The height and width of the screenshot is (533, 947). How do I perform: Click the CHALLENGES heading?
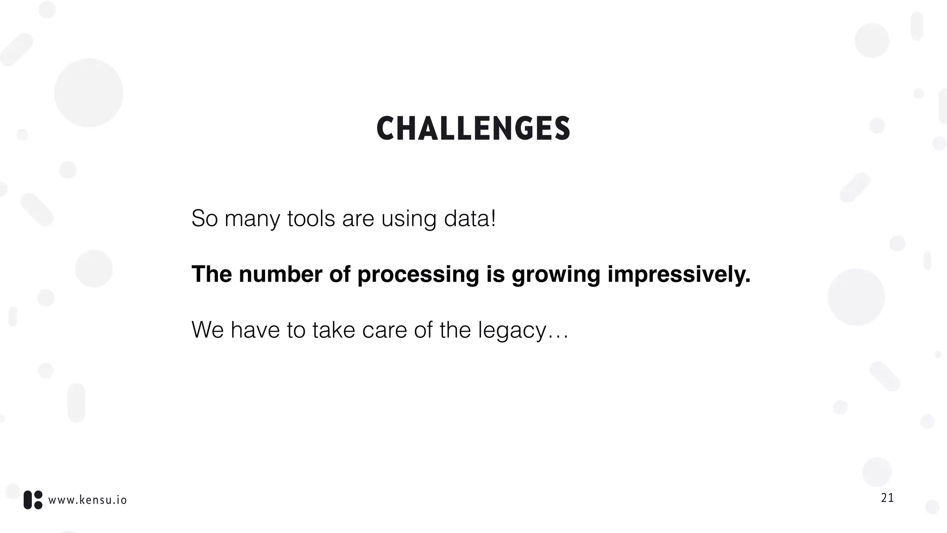[473, 129]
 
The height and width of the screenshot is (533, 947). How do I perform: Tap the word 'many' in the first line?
[252, 218]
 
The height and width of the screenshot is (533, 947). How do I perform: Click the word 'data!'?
[470, 218]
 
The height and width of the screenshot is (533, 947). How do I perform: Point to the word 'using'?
[408, 219]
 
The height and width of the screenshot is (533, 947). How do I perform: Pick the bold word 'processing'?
[418, 275]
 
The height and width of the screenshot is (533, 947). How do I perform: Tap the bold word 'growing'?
[556, 275]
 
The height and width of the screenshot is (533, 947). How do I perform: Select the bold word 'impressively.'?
[679, 275]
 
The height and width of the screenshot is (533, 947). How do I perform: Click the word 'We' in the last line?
[207, 330]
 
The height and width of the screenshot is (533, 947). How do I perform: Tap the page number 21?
[887, 498]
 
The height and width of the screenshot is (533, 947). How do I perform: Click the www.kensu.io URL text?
[87, 500]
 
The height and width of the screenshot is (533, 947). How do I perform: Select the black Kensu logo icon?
[33, 500]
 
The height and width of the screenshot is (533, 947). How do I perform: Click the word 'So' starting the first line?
[204, 218]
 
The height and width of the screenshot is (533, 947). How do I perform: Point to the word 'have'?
[255, 330]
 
